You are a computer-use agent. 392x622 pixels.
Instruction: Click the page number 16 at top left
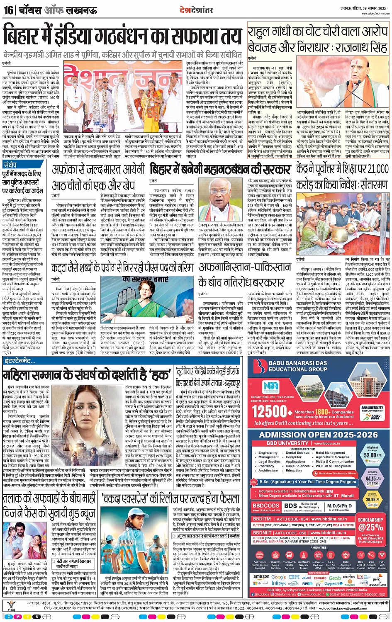coord(8,10)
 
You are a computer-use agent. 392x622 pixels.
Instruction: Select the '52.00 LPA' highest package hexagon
coord(372,454)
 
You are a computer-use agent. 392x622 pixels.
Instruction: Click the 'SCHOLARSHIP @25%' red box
coord(370,524)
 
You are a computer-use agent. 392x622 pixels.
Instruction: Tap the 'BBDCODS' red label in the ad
coord(266,505)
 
